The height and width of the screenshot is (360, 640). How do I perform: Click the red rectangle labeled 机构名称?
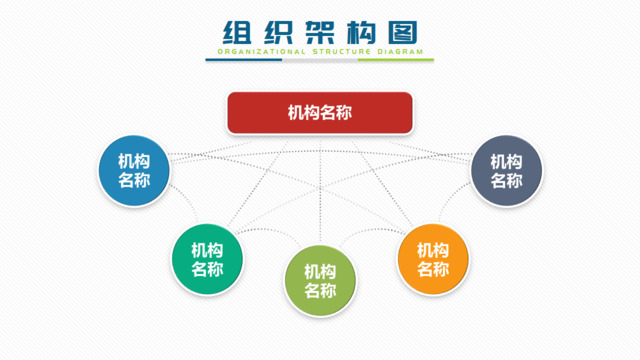point(320,113)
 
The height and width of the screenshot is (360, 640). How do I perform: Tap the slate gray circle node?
point(506,171)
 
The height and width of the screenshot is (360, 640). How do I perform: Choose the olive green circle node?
point(320,280)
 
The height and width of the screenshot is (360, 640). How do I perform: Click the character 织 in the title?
point(279,30)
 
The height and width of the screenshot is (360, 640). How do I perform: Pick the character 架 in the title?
point(319,30)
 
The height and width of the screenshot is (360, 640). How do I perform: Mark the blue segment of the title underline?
point(244,59)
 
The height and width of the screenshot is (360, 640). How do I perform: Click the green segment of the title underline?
point(396,59)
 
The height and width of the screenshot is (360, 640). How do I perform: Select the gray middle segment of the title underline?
point(320,59)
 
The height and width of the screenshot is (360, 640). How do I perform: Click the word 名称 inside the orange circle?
point(433,269)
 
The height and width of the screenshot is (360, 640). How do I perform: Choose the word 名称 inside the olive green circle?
point(320,291)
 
